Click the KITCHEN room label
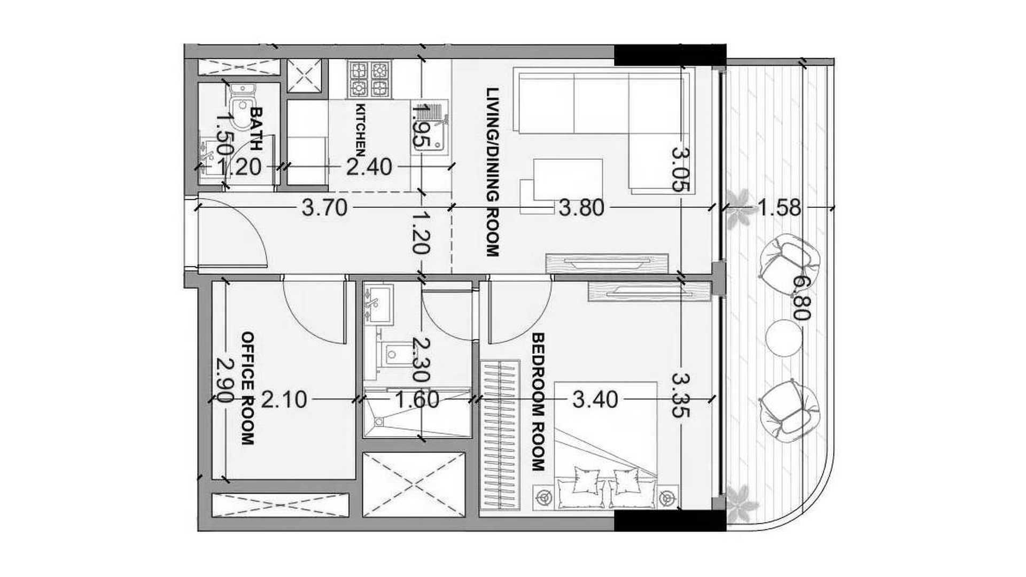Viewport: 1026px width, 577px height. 361,130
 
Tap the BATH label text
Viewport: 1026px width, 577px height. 256,128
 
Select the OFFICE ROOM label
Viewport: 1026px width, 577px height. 247,388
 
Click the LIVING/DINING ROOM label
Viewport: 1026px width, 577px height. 492,172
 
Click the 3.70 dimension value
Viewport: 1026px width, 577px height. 324,208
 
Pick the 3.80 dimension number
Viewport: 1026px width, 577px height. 581,208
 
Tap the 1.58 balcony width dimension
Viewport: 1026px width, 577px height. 780,208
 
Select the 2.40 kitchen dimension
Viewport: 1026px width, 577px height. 369,168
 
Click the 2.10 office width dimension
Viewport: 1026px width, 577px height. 284,400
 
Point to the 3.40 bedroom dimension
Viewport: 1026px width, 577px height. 595,400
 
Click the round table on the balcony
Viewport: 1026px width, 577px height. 784,337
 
